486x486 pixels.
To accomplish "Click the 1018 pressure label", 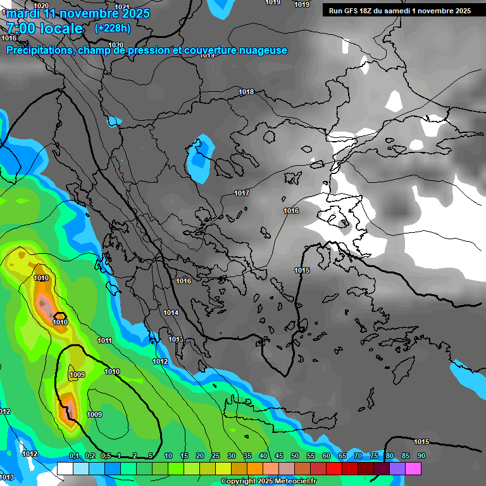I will pos(246,92).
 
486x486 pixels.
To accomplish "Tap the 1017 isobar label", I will pos(242,193).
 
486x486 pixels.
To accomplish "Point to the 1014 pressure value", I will pos(171,313).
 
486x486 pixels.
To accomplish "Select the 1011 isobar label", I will pos(105,340).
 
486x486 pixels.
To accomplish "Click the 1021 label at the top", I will pos(122,7).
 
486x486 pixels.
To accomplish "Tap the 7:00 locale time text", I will pos(44,28).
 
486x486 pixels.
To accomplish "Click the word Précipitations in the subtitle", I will pos(38,51).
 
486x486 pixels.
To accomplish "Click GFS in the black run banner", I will pos(353,11).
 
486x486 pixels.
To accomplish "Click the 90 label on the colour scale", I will pos(421,456).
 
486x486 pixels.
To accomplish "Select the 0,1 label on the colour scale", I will pos(74,456).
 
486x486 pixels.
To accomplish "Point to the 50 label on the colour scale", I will pos(295,456).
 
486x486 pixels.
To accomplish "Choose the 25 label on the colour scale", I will pos(216,456).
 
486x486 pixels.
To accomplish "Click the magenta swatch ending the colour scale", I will pos(413,469).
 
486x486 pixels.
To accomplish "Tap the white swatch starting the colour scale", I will pos(65,469).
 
